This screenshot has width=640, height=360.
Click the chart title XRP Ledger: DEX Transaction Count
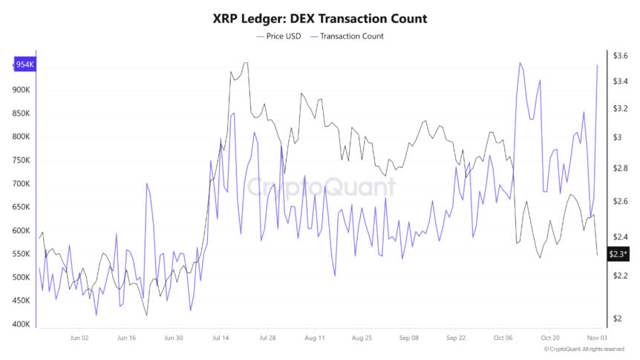[319, 18]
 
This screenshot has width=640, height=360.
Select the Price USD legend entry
[278, 36]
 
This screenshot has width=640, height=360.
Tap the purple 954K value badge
[25, 65]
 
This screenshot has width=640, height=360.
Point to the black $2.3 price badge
[618, 255]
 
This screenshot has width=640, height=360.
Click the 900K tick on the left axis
[20, 90]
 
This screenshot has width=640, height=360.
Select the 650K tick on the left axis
[20, 207]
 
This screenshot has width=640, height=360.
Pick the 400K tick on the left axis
[20, 324]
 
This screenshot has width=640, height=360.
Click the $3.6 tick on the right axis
[621, 56]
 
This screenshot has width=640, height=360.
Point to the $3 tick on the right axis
[618, 137]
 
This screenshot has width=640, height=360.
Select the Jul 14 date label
[221, 338]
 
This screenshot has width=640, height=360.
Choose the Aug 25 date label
[362, 338]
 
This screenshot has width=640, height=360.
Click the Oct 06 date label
[503, 338]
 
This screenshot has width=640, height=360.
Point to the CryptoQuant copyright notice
[584, 349]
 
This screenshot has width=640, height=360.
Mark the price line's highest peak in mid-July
[245, 63]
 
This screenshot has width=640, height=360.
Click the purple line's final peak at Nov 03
[598, 65]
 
